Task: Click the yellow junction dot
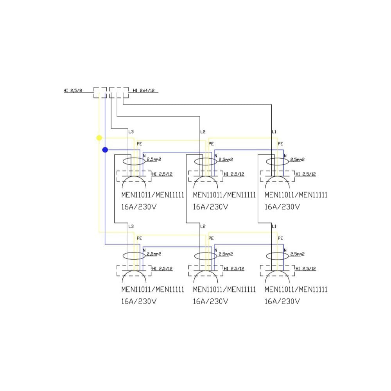[x=99, y=138]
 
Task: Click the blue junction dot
[x=105, y=149]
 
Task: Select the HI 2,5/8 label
[x=73, y=91]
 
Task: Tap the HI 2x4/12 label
[x=144, y=91]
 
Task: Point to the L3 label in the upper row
[x=131, y=132]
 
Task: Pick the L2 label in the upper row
[x=203, y=132]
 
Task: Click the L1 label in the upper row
[x=274, y=132]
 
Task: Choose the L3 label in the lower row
[x=131, y=226]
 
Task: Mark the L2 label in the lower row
[x=203, y=226]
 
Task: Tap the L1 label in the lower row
[x=274, y=226]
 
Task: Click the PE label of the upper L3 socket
[x=139, y=144]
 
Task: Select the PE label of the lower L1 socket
[x=280, y=238]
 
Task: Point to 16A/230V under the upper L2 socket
[x=210, y=207]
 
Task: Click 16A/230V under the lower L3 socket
[x=139, y=301]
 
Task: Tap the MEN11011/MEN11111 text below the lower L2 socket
[x=224, y=290]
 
